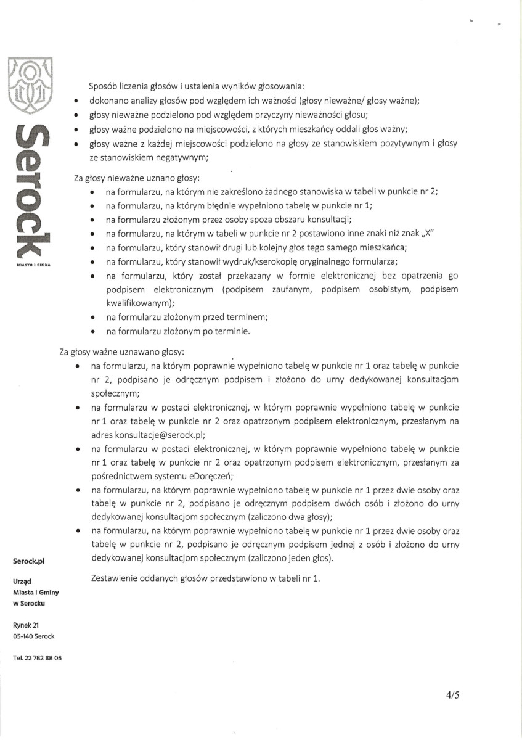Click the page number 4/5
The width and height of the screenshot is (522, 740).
click(x=453, y=695)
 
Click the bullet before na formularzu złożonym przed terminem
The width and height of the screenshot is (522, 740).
click(x=92, y=318)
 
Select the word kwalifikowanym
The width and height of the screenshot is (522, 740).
click(x=140, y=303)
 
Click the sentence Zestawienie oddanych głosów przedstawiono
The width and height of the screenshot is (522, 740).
click(x=205, y=579)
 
